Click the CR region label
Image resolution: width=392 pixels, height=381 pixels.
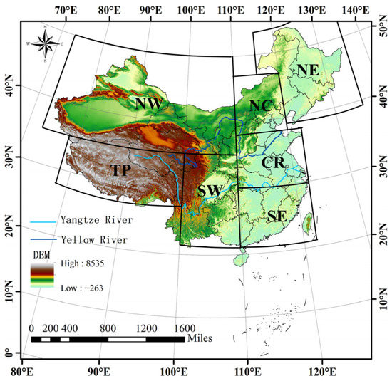(x=273, y=163)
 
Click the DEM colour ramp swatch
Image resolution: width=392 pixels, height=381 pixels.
(x=42, y=276)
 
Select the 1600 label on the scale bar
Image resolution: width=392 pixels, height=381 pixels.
(x=185, y=328)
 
